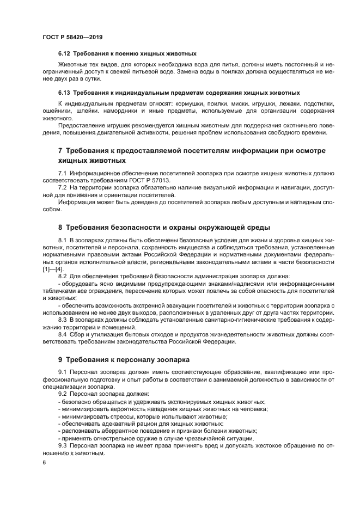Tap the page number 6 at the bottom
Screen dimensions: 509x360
pyautogui.click(x=44, y=462)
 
